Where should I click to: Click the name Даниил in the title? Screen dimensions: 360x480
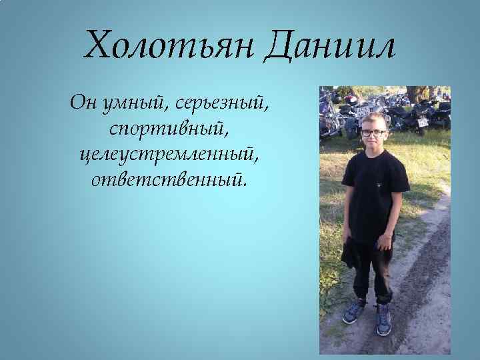(329, 45)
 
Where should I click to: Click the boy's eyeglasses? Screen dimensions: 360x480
(373, 133)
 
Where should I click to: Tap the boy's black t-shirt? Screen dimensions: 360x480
(375, 190)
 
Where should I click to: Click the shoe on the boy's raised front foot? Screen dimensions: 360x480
(354, 310)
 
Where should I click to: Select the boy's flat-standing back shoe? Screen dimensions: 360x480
(383, 319)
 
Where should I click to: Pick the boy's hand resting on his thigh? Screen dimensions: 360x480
(385, 241)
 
